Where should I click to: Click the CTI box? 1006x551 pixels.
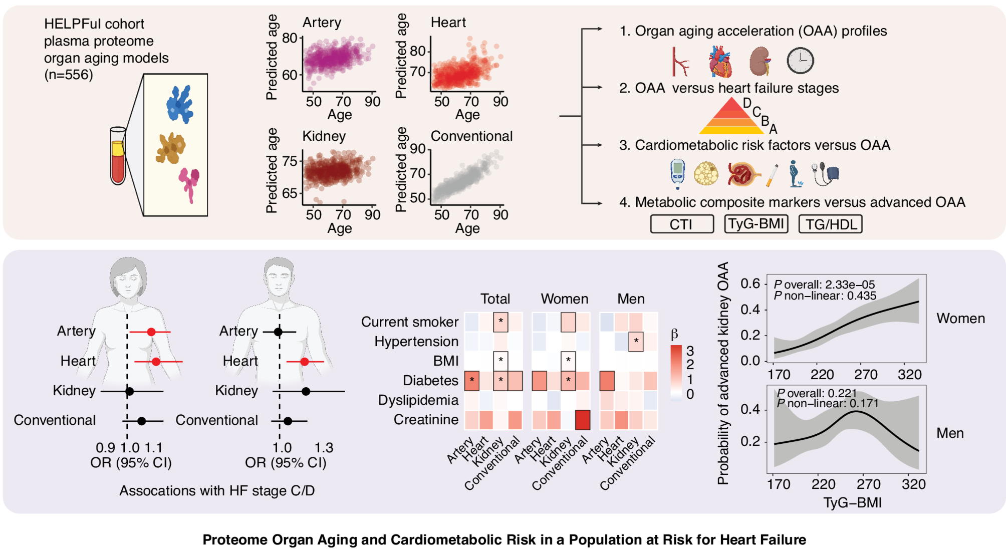681,224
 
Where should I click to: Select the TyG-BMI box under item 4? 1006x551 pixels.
756,223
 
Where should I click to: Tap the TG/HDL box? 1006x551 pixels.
830,224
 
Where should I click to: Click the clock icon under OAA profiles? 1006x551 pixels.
800,61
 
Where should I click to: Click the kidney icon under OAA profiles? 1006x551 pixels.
760,61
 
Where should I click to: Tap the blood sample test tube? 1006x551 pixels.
118,156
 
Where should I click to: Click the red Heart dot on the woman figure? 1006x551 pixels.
156,361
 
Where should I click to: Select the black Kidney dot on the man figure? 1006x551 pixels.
306,391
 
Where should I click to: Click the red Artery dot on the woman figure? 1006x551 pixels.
151,332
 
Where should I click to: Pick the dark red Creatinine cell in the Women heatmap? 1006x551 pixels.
582,420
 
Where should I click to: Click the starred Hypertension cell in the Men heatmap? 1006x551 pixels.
636,342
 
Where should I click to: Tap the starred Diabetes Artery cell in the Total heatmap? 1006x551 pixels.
472,381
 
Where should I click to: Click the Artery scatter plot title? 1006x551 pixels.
322,23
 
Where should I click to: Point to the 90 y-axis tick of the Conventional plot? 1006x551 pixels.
417,149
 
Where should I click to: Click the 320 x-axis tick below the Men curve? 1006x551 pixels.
913,484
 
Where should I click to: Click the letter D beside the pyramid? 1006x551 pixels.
747,103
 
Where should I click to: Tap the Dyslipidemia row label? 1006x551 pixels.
418,400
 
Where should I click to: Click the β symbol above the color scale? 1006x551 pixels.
674,334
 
